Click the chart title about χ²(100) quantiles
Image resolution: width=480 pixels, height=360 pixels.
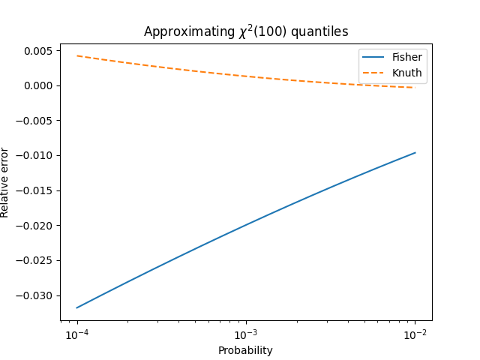pos(245,31)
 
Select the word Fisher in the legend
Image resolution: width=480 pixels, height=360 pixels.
pos(406,57)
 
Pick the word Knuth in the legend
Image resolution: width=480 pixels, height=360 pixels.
pos(406,73)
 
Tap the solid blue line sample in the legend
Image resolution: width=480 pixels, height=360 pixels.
pos(374,57)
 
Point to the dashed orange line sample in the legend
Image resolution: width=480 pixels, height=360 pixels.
pos(374,73)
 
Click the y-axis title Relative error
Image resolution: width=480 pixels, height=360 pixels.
pos(5,182)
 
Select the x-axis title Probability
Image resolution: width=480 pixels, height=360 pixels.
pos(245,350)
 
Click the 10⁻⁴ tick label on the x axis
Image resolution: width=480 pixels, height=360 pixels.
pos(77,334)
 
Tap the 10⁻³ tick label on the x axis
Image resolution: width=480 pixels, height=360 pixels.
pos(246,334)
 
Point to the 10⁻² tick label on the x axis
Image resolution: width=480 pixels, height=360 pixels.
pos(415,334)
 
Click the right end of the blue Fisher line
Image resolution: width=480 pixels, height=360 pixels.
pos(415,153)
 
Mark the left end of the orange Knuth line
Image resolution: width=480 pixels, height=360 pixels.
pos(77,55)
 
